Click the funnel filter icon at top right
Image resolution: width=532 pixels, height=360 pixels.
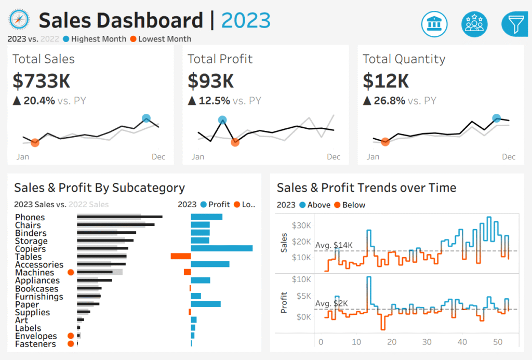(x=514, y=24)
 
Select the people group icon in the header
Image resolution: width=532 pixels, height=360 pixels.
(x=474, y=24)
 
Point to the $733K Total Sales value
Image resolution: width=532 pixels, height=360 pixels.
(x=42, y=81)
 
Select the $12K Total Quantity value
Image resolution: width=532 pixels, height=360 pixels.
(x=386, y=81)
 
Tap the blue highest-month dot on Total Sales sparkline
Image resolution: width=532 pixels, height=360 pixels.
(x=147, y=118)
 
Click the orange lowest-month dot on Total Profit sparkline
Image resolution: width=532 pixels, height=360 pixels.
(x=235, y=142)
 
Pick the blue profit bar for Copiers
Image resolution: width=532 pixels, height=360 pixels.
(x=221, y=248)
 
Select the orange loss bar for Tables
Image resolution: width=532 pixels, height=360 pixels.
(x=181, y=256)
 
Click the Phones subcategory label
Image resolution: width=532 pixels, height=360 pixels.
(x=30, y=217)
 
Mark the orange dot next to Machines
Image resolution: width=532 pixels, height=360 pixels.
(x=71, y=272)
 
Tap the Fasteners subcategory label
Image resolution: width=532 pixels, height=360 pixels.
(x=35, y=344)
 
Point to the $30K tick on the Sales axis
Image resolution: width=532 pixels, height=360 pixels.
(x=301, y=225)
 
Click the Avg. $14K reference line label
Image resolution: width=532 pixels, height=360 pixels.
(x=334, y=245)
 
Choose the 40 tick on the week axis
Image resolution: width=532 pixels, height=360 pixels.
(x=462, y=342)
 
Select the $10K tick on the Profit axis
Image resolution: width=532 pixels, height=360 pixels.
(x=301, y=279)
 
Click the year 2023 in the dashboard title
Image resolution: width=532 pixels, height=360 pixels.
(x=246, y=20)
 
